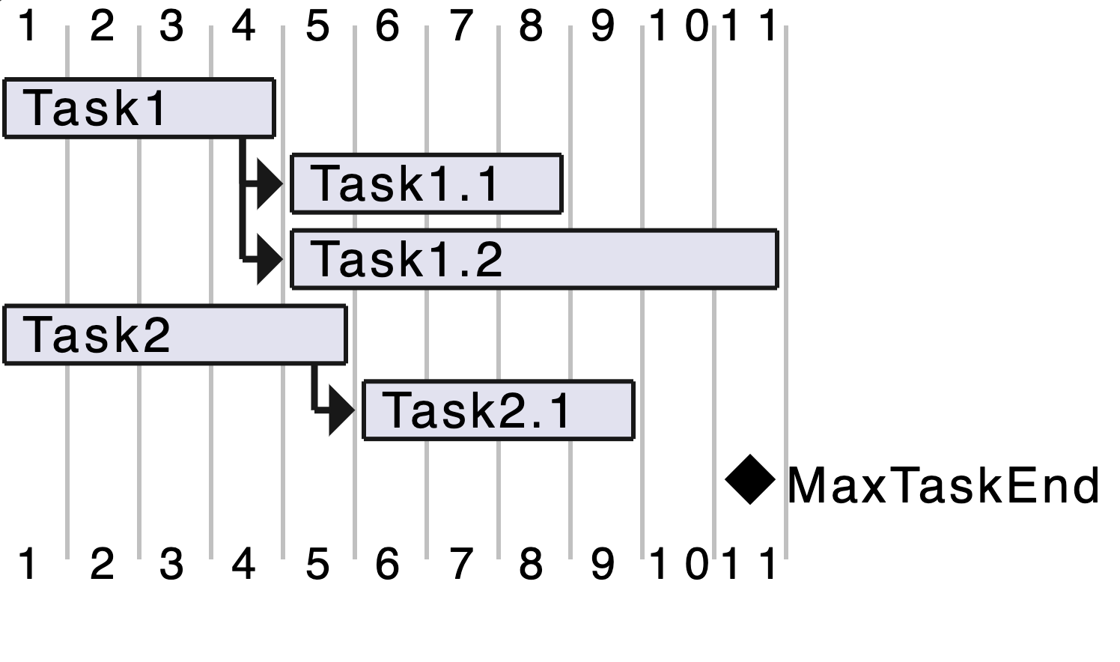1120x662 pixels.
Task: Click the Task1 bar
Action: (139, 108)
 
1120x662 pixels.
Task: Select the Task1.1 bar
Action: (426, 183)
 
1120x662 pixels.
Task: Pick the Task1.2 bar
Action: (534, 259)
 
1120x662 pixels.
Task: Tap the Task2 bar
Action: (175, 335)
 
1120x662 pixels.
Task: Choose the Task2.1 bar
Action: (498, 410)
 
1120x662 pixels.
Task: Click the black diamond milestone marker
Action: (750, 480)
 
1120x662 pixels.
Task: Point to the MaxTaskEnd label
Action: (943, 485)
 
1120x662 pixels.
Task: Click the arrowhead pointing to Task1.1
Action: (270, 183)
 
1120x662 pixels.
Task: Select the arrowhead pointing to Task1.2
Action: (270, 259)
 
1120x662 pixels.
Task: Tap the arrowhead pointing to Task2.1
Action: (341, 410)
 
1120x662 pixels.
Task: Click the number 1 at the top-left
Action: (28, 26)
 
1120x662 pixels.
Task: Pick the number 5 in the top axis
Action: (317, 26)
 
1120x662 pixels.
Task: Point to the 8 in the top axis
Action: (531, 26)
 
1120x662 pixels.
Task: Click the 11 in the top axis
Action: (749, 26)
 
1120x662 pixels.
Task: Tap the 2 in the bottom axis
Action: (102, 563)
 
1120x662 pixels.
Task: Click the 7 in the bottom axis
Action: (461, 563)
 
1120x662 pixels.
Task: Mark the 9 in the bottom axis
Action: (603, 563)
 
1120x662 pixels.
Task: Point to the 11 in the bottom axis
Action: (749, 563)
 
